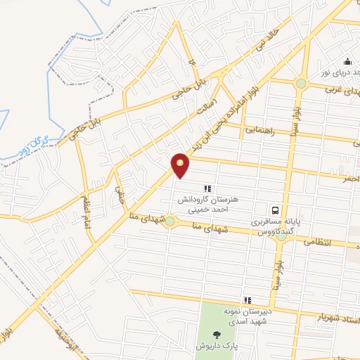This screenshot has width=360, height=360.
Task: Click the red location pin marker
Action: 181,165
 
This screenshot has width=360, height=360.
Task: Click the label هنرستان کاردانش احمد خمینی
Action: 209,204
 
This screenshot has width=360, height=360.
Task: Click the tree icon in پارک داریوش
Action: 216,335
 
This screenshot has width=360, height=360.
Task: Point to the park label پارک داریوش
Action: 216,347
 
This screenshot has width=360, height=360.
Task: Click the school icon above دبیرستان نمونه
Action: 247,300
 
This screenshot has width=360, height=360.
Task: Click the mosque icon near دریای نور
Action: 346,60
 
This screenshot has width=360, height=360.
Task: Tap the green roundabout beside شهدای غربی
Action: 301,83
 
